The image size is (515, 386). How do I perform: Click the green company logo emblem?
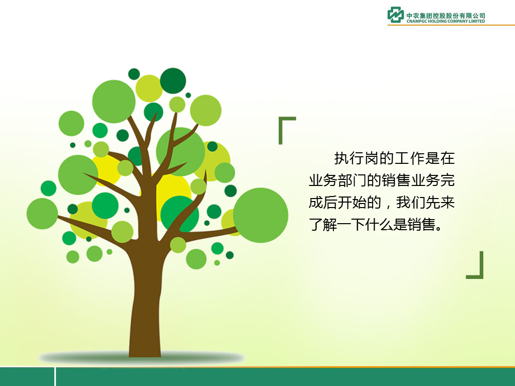pyautogui.click(x=395, y=15)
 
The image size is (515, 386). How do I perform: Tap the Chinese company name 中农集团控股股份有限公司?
pyautogui.click(x=446, y=16)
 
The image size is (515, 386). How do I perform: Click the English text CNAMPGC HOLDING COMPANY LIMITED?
pyautogui.click(x=446, y=21)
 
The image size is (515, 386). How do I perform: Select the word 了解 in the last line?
pyautogui.click(x=323, y=225)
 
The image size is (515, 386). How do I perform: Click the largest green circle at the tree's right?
pyautogui.click(x=261, y=215)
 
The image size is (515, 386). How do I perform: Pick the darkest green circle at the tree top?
pyautogui.click(x=173, y=81)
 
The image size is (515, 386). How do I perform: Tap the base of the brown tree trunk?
pyautogui.click(x=145, y=353)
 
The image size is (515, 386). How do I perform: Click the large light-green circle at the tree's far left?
pyautogui.click(x=42, y=214)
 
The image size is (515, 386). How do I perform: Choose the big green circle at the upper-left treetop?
pyautogui.click(x=114, y=102)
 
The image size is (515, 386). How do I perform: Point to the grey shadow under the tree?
pyautogui.click(x=141, y=358)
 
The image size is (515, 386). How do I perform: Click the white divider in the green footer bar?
pyautogui.click(x=55, y=376)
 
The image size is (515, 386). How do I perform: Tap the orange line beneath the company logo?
pyautogui.click(x=451, y=25)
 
